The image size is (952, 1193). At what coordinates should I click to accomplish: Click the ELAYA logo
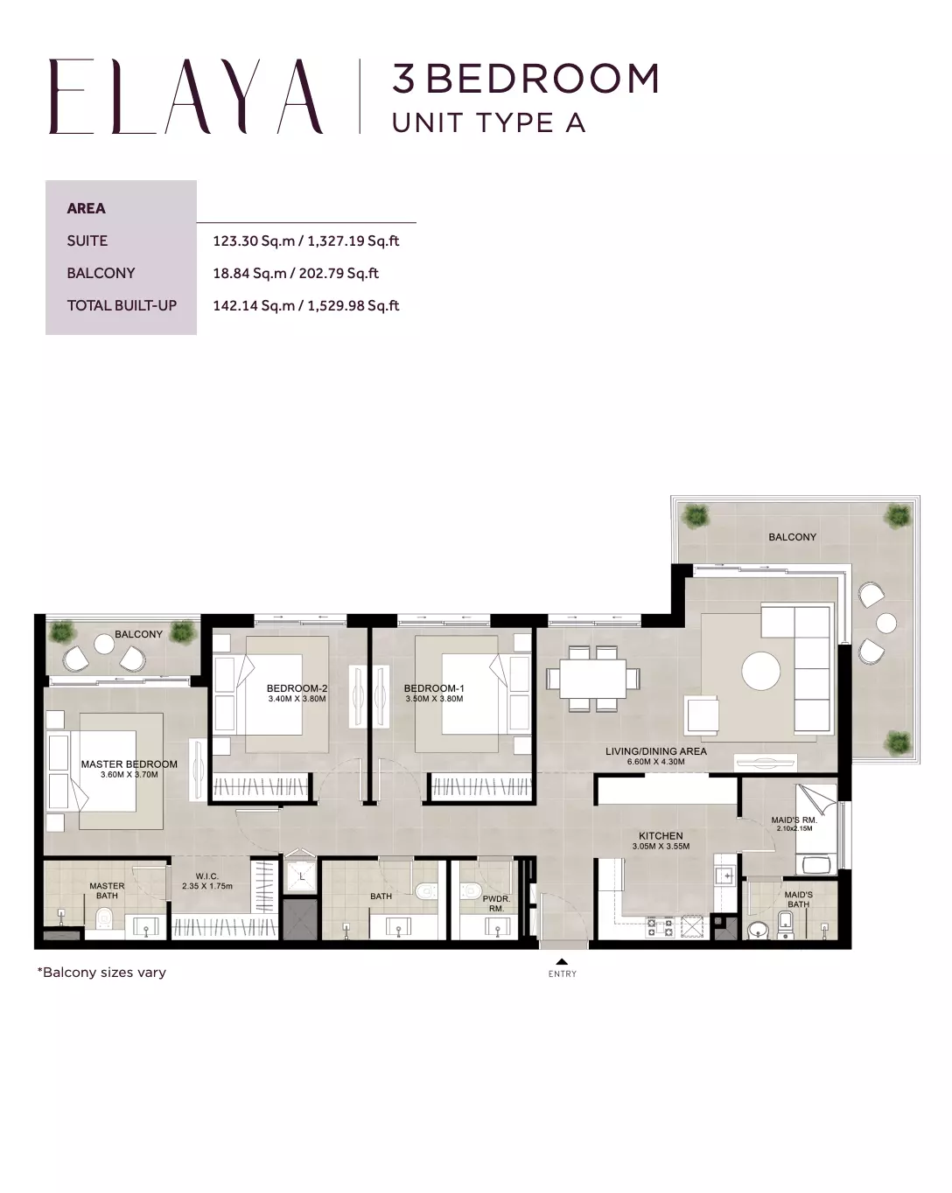185,96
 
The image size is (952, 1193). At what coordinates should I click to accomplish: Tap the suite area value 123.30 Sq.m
254,241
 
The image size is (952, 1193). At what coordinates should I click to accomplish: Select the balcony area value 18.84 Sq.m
249,273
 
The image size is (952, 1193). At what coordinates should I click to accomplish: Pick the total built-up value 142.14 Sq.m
254,305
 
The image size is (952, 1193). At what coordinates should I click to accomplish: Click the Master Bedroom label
129,764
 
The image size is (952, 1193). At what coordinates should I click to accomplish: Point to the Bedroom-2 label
297,688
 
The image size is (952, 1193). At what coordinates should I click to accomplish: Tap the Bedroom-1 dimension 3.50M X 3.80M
434,699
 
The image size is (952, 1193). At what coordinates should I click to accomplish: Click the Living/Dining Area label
655,751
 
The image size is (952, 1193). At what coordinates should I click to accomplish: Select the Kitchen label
661,835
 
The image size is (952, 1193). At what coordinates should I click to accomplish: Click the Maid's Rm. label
794,820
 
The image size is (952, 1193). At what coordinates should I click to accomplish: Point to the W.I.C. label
206,876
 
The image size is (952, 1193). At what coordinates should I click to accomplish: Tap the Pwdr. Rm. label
496,903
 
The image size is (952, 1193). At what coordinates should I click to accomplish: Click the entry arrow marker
562,962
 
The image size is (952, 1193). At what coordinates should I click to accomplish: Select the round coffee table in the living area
760,671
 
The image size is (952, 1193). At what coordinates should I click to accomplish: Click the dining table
592,679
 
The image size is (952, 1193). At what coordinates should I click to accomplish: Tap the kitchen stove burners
660,927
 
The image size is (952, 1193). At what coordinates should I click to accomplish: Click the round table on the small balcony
104,645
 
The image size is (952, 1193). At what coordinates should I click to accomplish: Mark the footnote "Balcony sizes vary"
101,973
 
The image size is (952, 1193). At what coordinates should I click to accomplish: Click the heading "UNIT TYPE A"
489,122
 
